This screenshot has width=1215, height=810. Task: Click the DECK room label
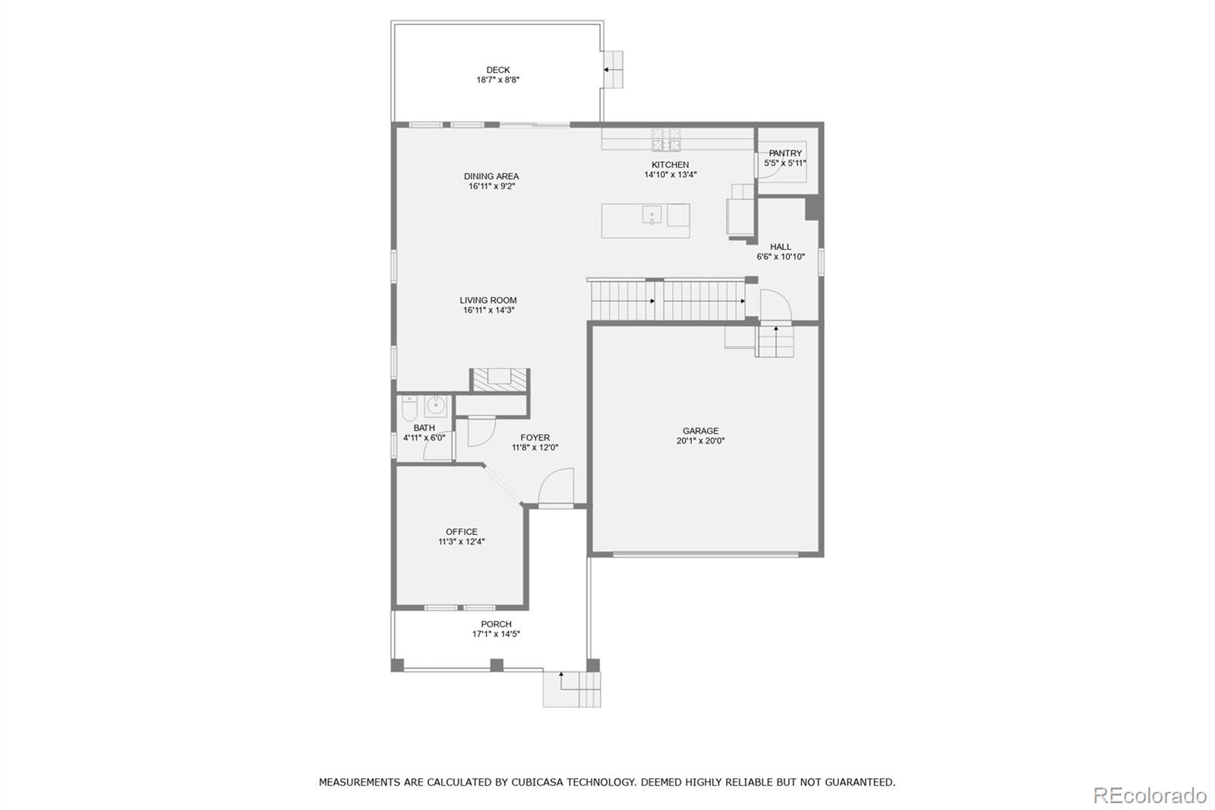pos(498,70)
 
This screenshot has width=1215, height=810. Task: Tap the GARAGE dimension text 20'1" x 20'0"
pos(700,441)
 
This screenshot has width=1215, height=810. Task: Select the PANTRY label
pos(785,153)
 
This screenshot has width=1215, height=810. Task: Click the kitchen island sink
pos(652,216)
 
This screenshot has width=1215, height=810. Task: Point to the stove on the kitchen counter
pos(666,140)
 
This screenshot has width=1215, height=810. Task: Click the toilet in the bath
pos(409,411)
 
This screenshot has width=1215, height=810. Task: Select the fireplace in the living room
pos(500,379)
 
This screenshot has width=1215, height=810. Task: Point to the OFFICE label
pos(462,532)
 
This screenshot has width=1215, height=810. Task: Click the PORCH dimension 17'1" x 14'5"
pos(496,634)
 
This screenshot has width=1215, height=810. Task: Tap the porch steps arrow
pos(562,675)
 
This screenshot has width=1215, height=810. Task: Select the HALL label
pos(780,247)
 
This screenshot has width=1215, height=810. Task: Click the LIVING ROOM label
pos(488,300)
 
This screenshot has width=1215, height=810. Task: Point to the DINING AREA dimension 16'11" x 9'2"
pos(491,186)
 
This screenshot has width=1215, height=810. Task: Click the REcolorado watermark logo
pos(1149,796)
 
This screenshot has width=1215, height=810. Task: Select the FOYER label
pos(535,438)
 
